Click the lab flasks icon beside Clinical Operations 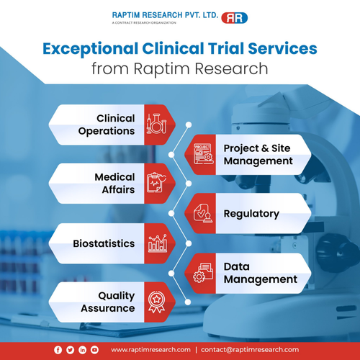pos(156,125)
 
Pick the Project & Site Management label pos(258,154)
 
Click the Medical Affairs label pos(114,183)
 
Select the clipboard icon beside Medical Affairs pos(156,184)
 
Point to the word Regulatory pos(251,214)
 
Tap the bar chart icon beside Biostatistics pos(156,243)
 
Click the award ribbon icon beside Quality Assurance pos(156,302)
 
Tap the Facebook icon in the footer pos(58,349)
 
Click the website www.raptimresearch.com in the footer pos(150,349)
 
